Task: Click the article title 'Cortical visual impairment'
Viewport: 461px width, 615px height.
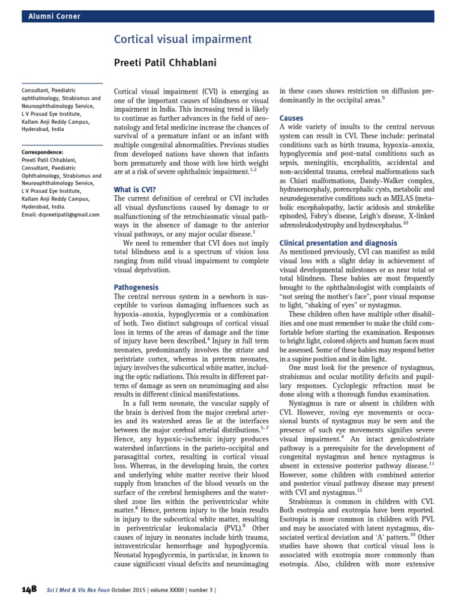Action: (x=182, y=40)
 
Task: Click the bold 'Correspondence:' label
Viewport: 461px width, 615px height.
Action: (x=42, y=152)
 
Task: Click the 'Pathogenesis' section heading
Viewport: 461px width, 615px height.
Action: (x=137, y=287)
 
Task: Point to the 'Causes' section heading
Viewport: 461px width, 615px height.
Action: (x=292, y=118)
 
